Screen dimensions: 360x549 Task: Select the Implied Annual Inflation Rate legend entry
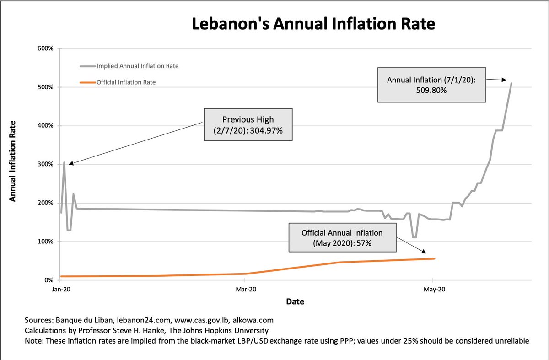coord(137,66)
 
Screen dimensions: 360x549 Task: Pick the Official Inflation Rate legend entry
coord(129,82)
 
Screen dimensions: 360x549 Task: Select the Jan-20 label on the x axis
coord(60,289)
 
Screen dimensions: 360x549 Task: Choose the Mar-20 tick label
coord(246,289)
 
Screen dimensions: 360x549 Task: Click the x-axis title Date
coord(295,302)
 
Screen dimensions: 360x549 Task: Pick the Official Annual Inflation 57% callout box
coord(342,238)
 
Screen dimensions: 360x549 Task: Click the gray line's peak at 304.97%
coord(64,162)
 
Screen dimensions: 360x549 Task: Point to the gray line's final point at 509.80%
coord(511,83)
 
